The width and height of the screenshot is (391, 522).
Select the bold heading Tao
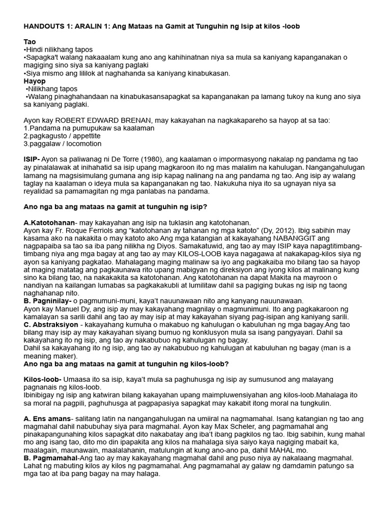tap(30, 42)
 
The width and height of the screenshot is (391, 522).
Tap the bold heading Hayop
tap(35, 81)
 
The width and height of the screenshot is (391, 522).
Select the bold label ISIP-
tap(34, 160)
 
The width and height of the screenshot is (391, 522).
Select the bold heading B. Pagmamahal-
tap(51, 458)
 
